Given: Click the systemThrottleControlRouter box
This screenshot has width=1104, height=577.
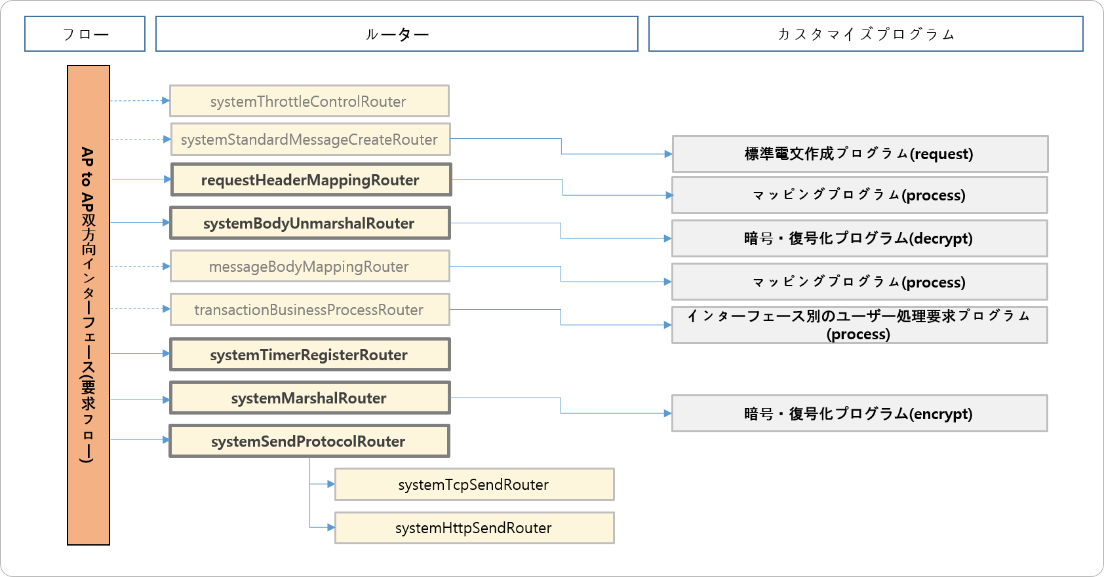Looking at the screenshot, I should pos(309,102).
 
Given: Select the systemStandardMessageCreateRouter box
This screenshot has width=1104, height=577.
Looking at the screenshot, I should pos(310,140).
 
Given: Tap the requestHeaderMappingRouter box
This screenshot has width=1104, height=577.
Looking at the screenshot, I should pos(311,180).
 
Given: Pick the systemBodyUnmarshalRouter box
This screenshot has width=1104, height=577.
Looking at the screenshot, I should pos(309,223).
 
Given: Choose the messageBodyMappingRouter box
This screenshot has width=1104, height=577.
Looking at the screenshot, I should pos(309,267).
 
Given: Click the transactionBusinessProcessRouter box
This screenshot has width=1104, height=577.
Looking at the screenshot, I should pos(309,310).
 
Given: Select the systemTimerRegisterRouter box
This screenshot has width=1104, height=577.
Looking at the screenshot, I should pos(309,355).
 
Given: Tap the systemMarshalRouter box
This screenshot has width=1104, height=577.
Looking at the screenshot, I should pos(309,398).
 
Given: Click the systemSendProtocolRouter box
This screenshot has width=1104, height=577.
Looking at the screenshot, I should pos(309,441).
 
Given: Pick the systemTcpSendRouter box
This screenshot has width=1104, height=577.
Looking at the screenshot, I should pos(474,485).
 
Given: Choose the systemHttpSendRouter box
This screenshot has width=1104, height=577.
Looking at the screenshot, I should pos(474,528).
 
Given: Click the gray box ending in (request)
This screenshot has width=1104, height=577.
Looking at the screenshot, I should pos(859,154).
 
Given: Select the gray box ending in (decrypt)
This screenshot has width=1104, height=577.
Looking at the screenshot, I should pos(859,238).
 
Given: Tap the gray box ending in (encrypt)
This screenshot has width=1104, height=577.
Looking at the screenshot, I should pos(859,413).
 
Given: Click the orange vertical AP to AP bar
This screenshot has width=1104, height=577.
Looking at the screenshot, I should pos(89,305).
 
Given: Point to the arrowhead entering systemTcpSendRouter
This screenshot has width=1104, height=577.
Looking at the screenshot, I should pos(331,485).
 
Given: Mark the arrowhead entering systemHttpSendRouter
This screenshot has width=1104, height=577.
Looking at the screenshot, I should pos(331,527).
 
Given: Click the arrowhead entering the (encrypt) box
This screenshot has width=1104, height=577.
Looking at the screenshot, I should pos(667,413).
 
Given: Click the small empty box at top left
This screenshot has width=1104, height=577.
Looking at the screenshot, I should pos(85,34).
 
